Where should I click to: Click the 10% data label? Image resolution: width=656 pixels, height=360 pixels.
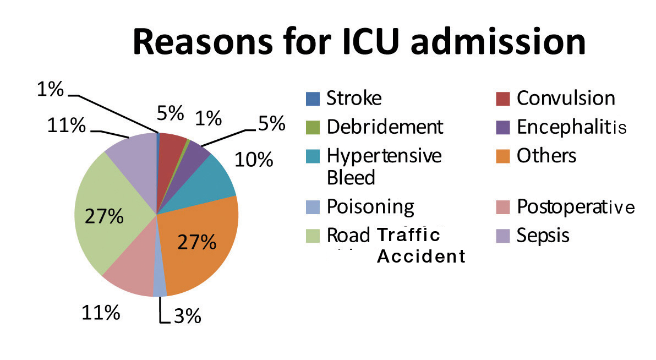pyautogui.click(x=254, y=160)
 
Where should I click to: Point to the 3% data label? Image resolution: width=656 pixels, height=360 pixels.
pyautogui.click(x=188, y=316)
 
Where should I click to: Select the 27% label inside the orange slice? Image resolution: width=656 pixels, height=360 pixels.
pyautogui.click(x=197, y=242)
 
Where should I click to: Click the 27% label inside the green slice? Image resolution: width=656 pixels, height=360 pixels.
pyautogui.click(x=104, y=216)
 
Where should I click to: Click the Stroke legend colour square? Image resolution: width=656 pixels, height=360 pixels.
pyautogui.click(x=313, y=99)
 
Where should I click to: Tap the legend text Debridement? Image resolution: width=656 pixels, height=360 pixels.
pyautogui.click(x=385, y=127)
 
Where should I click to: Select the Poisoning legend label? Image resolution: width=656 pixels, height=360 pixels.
pyautogui.click(x=371, y=207)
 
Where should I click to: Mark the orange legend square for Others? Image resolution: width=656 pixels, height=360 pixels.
pyautogui.click(x=503, y=156)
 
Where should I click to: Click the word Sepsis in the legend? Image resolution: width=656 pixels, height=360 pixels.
pyautogui.click(x=543, y=235)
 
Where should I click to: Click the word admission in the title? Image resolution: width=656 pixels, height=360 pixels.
pyautogui.click(x=498, y=42)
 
